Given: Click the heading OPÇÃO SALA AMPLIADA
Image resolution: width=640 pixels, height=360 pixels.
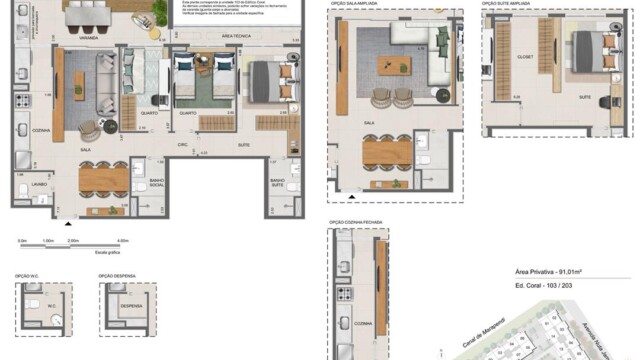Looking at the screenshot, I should (x=357, y=4).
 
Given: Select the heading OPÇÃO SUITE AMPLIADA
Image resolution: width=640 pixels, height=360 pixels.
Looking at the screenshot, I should (x=504, y=4).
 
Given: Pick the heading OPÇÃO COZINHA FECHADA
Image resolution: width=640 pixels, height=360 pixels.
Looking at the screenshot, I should (x=358, y=222).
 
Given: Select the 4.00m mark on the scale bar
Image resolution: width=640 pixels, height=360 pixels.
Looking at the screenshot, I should (x=123, y=242).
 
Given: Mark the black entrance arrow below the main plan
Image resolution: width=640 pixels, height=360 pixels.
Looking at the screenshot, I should (x=68, y=225).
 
